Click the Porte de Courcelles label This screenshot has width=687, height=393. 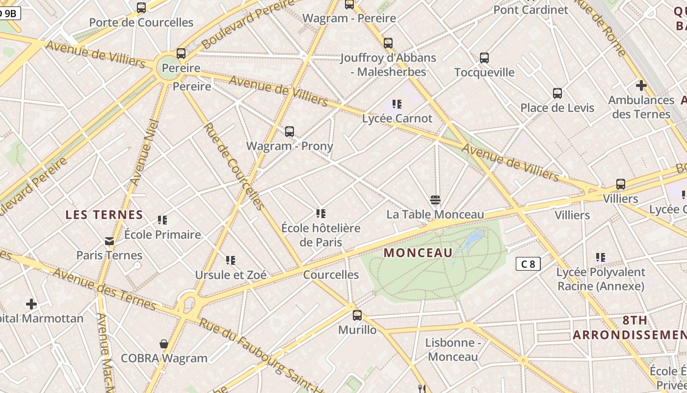(141, 23)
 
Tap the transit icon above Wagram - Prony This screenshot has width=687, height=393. (290, 132)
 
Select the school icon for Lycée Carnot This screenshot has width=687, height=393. (397, 104)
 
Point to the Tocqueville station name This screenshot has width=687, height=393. (484, 73)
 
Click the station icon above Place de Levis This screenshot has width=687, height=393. (557, 93)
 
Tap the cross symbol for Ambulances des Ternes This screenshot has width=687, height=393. (641, 85)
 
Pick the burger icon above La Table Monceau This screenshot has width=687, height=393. (435, 200)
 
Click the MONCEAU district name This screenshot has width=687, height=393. (418, 253)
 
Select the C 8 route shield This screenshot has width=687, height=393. (528, 264)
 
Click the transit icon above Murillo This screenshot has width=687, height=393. (357, 315)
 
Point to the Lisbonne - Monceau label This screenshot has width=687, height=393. (452, 350)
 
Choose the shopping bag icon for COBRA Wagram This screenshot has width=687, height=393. (164, 344)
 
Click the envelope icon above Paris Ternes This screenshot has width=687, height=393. (109, 241)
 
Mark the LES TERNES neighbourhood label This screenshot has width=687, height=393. (104, 215)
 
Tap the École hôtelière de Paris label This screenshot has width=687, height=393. (321, 235)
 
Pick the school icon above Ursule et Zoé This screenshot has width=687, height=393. (231, 260)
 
